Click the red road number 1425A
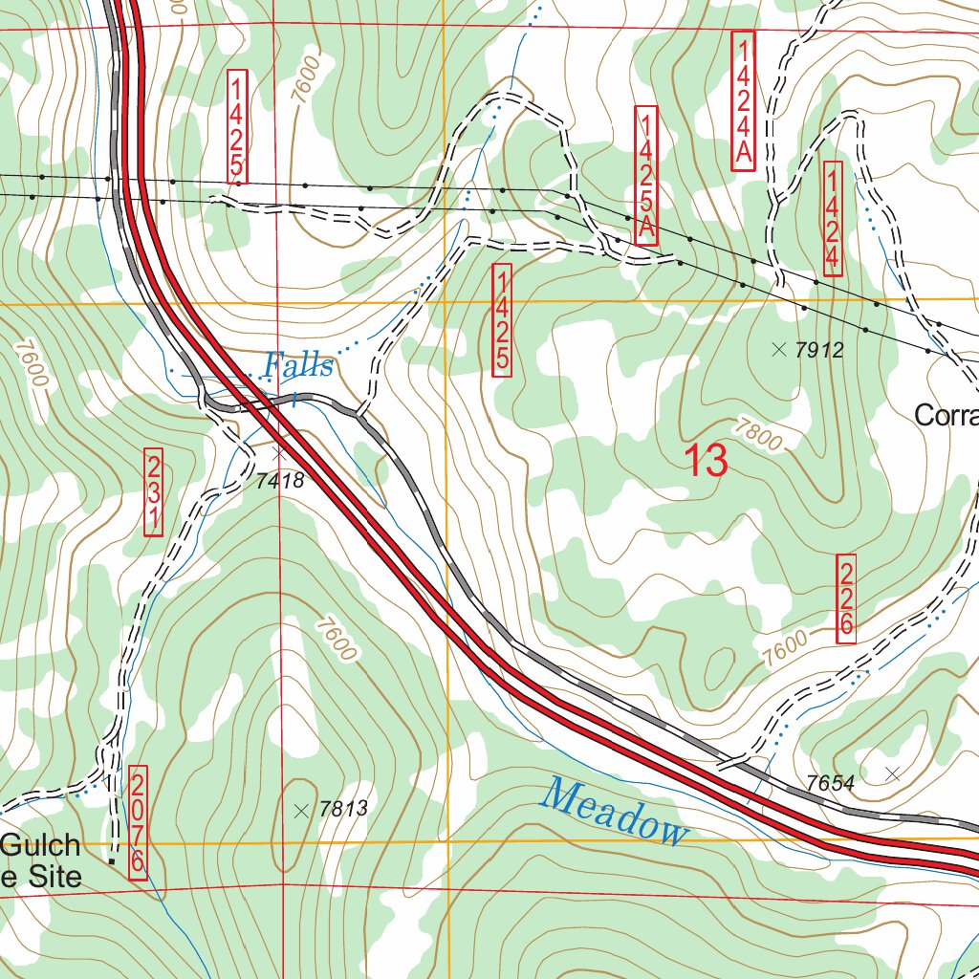[646, 176]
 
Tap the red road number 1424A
[743, 101]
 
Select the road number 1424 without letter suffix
[832, 219]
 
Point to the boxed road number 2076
[138, 820]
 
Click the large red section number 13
[707, 462]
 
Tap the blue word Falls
[298, 365]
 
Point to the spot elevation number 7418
[280, 481]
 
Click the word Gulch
[40, 845]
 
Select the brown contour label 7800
[761, 437]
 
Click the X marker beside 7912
[778, 350]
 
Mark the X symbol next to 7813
[302, 811]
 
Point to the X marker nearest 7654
[893, 772]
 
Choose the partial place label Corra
[946, 415]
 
